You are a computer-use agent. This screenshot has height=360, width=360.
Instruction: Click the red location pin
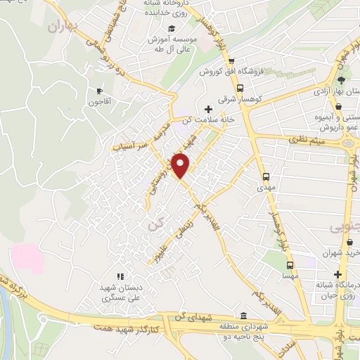click(181, 165)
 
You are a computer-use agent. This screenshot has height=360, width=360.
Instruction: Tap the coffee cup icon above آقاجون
click(98, 91)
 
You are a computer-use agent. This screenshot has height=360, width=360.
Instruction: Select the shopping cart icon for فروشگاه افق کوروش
click(240, 61)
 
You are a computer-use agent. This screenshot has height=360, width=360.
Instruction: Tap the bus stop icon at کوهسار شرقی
click(240, 89)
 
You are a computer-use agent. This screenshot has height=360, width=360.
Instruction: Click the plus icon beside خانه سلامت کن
click(207, 109)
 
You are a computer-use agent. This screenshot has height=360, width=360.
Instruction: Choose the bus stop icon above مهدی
click(266, 176)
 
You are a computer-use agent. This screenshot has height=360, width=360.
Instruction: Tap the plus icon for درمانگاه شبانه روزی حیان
click(339, 274)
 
